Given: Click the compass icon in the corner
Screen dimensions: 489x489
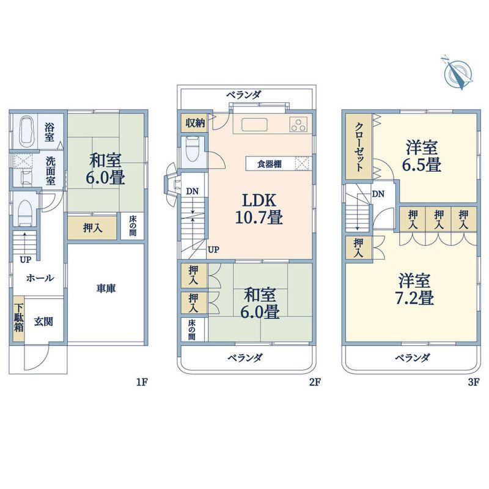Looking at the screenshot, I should (455, 73).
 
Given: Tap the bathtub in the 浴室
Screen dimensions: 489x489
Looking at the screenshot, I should (26, 130).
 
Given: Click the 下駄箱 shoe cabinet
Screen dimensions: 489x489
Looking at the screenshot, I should (20, 318).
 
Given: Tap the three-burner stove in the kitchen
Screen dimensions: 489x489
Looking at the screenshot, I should (299, 125).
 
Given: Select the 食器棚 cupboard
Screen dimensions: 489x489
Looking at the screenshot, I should (270, 164).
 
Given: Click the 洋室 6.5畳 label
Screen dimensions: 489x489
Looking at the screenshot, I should (422, 156).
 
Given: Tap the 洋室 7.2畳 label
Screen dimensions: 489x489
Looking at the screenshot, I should (415, 290).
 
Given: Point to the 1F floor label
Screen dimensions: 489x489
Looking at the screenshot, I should (142, 383).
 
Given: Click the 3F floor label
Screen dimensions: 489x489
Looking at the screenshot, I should (474, 383).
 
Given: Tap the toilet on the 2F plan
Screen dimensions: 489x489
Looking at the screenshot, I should (192, 147).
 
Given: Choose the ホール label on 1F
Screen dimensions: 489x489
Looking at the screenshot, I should (40, 278).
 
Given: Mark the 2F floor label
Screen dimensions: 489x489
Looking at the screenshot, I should (314, 383).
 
